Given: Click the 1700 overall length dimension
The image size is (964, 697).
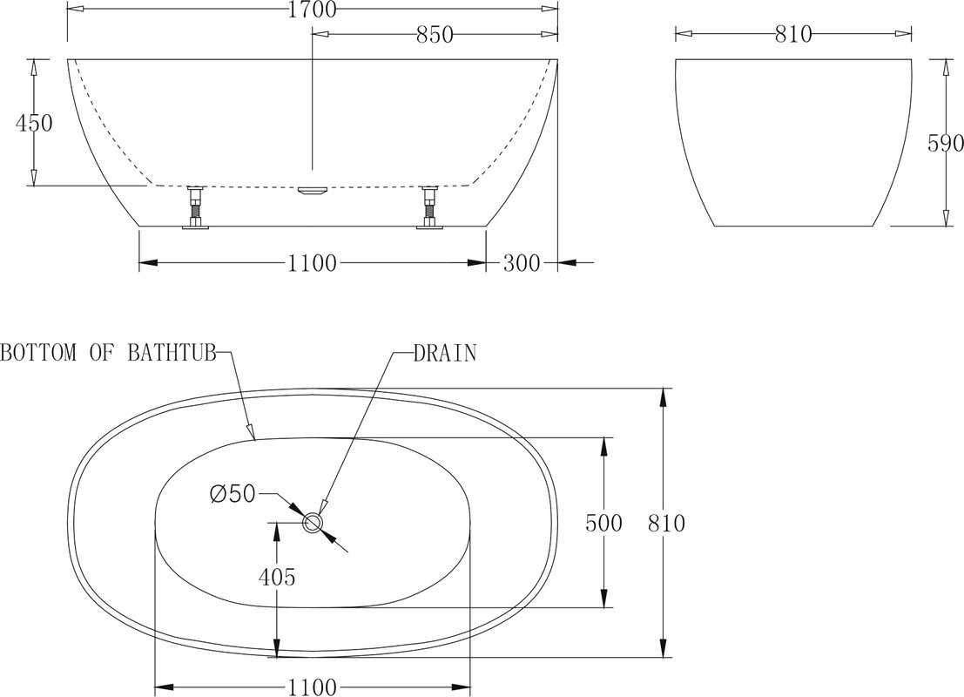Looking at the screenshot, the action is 313,10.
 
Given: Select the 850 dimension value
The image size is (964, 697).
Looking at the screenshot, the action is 435,35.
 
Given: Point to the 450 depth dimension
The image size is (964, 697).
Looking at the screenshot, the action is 34,124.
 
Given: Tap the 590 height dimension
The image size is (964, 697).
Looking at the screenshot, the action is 945,144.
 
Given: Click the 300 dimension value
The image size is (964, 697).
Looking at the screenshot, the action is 522,263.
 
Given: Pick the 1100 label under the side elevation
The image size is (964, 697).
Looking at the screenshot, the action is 313,263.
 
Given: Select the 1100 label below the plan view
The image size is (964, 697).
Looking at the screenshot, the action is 313,687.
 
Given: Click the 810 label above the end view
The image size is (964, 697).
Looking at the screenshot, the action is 793,35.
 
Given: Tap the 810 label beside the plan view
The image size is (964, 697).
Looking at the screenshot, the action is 666,524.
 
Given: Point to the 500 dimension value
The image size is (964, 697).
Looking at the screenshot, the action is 603,524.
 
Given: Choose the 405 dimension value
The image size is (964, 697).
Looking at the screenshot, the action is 277,577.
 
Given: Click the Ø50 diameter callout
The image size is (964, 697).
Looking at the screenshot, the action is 232,493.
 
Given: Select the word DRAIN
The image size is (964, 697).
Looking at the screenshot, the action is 444,353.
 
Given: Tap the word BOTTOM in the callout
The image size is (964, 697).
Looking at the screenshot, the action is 38,353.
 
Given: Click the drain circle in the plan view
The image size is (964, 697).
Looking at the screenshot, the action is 313,522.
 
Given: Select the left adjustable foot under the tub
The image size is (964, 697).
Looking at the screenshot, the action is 196,207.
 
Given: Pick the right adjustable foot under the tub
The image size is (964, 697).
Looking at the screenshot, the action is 429,207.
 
